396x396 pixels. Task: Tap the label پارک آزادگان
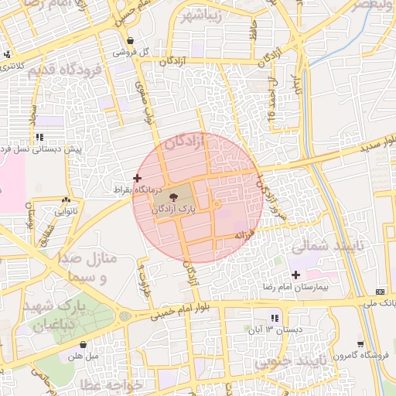[x=174, y=209]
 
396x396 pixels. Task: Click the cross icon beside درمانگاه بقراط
[x=138, y=178]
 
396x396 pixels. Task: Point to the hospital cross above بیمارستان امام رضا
[x=295, y=275]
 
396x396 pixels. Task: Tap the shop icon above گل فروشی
[x=129, y=41]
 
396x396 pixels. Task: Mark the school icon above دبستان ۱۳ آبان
[x=274, y=319]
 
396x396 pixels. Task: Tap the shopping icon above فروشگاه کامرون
[x=360, y=344]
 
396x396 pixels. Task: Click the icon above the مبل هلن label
[x=83, y=345]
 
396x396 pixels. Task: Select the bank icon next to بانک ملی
[x=379, y=292]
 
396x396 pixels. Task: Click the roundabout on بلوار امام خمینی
[x=125, y=316]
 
